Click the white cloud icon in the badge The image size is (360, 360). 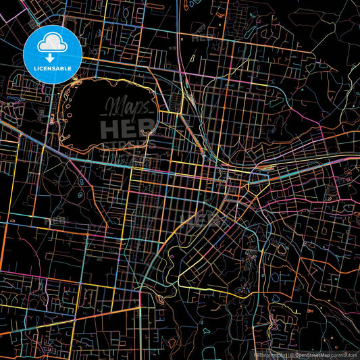pyautogui.click(x=53, y=44)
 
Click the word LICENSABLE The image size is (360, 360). pyautogui.click(x=53, y=68)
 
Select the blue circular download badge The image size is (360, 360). pyautogui.click(x=53, y=54)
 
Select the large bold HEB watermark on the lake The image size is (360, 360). pyautogui.click(x=126, y=128)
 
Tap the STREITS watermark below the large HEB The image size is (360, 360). pyautogui.click(x=126, y=145)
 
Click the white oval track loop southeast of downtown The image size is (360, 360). pyautogui.click(x=243, y=294)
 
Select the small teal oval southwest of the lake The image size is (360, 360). pyautogui.click(x=80, y=196)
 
